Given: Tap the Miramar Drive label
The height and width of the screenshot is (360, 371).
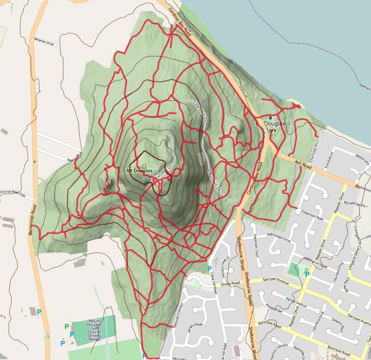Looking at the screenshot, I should pyautogui.click(x=45, y=42).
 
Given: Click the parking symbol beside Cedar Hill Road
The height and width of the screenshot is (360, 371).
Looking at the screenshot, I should pyautogui.click(x=209, y=269).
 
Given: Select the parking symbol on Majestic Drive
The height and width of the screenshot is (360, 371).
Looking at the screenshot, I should pyautogui.click(x=307, y=274).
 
